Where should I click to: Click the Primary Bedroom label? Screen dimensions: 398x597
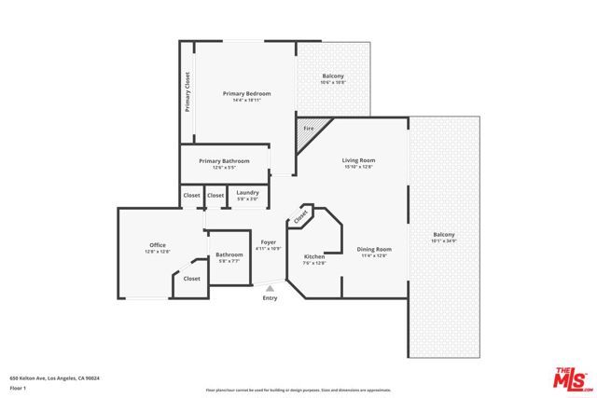[x=246, y=94]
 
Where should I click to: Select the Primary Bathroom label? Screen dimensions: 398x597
[x=224, y=161]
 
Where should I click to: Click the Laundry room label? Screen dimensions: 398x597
[x=247, y=193]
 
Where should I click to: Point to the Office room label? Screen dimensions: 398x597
[x=158, y=245]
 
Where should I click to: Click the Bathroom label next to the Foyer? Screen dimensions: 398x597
[x=229, y=254]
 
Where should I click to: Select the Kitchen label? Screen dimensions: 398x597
[x=314, y=256]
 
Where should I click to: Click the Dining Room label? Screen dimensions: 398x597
[x=373, y=249]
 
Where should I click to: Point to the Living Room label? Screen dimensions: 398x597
[x=358, y=160]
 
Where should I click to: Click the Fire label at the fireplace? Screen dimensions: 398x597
[x=309, y=128]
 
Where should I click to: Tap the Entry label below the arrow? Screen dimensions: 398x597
[x=270, y=298]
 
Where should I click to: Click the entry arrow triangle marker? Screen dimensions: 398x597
[x=270, y=288]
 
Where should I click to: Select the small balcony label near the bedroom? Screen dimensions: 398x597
[x=334, y=76]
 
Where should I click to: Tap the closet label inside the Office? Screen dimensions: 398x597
[x=191, y=278]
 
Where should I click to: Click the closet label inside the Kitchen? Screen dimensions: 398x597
[x=301, y=216]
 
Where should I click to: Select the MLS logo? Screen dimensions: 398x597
[x=570, y=377]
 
